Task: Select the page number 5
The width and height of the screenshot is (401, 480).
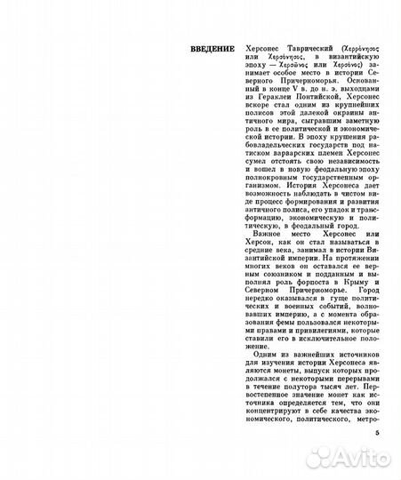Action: tap(376, 433)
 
